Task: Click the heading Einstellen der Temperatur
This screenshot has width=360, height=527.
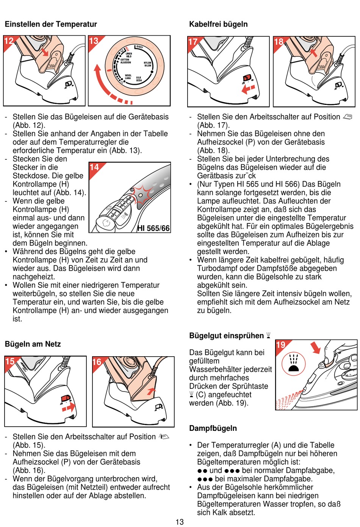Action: tap(51, 24)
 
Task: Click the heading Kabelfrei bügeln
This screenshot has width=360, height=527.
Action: tap(218, 24)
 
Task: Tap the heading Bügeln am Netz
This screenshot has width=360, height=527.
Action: tap(33, 344)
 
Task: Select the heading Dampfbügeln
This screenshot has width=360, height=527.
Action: tap(213, 428)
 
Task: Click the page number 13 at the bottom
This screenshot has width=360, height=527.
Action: tap(180, 522)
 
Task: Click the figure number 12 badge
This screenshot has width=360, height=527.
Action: tap(9, 41)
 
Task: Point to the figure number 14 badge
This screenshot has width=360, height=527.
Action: tap(94, 167)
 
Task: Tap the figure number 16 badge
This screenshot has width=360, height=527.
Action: tap(97, 362)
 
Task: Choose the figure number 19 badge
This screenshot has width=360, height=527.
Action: tap(281, 345)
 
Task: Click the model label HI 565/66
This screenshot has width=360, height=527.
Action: tap(153, 228)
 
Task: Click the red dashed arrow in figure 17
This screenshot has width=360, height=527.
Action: tap(248, 89)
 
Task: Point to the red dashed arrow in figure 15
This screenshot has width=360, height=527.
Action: tap(69, 408)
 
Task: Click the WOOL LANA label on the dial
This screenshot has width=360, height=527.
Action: tap(128, 77)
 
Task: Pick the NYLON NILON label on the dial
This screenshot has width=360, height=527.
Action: tap(147, 64)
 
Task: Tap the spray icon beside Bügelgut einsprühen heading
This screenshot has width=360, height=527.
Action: tap(268, 335)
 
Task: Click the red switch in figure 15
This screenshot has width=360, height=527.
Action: tap(66, 398)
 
